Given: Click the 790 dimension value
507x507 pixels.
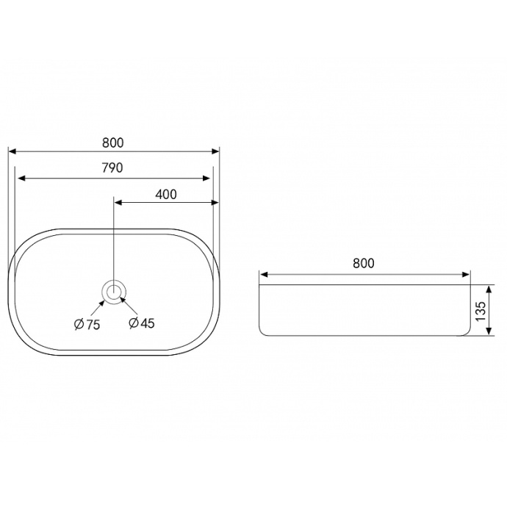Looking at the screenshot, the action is pos(112,168).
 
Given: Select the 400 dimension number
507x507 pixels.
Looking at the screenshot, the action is pos(166,194).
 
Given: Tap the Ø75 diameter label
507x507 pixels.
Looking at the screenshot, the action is pos(87,324).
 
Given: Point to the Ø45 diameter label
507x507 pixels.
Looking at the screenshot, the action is pos(142,323).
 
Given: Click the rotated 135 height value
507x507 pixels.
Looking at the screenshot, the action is pos(481,311).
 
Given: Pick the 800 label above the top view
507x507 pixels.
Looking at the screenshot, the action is pos(113,143).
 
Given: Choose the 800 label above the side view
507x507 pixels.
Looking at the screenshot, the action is pos(364,263).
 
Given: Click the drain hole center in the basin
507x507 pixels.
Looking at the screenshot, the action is pos(113,292).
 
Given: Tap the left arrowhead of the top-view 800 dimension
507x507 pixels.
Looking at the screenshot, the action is pos(12,151).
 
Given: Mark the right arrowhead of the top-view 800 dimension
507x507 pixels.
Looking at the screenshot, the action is pos(215,151).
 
